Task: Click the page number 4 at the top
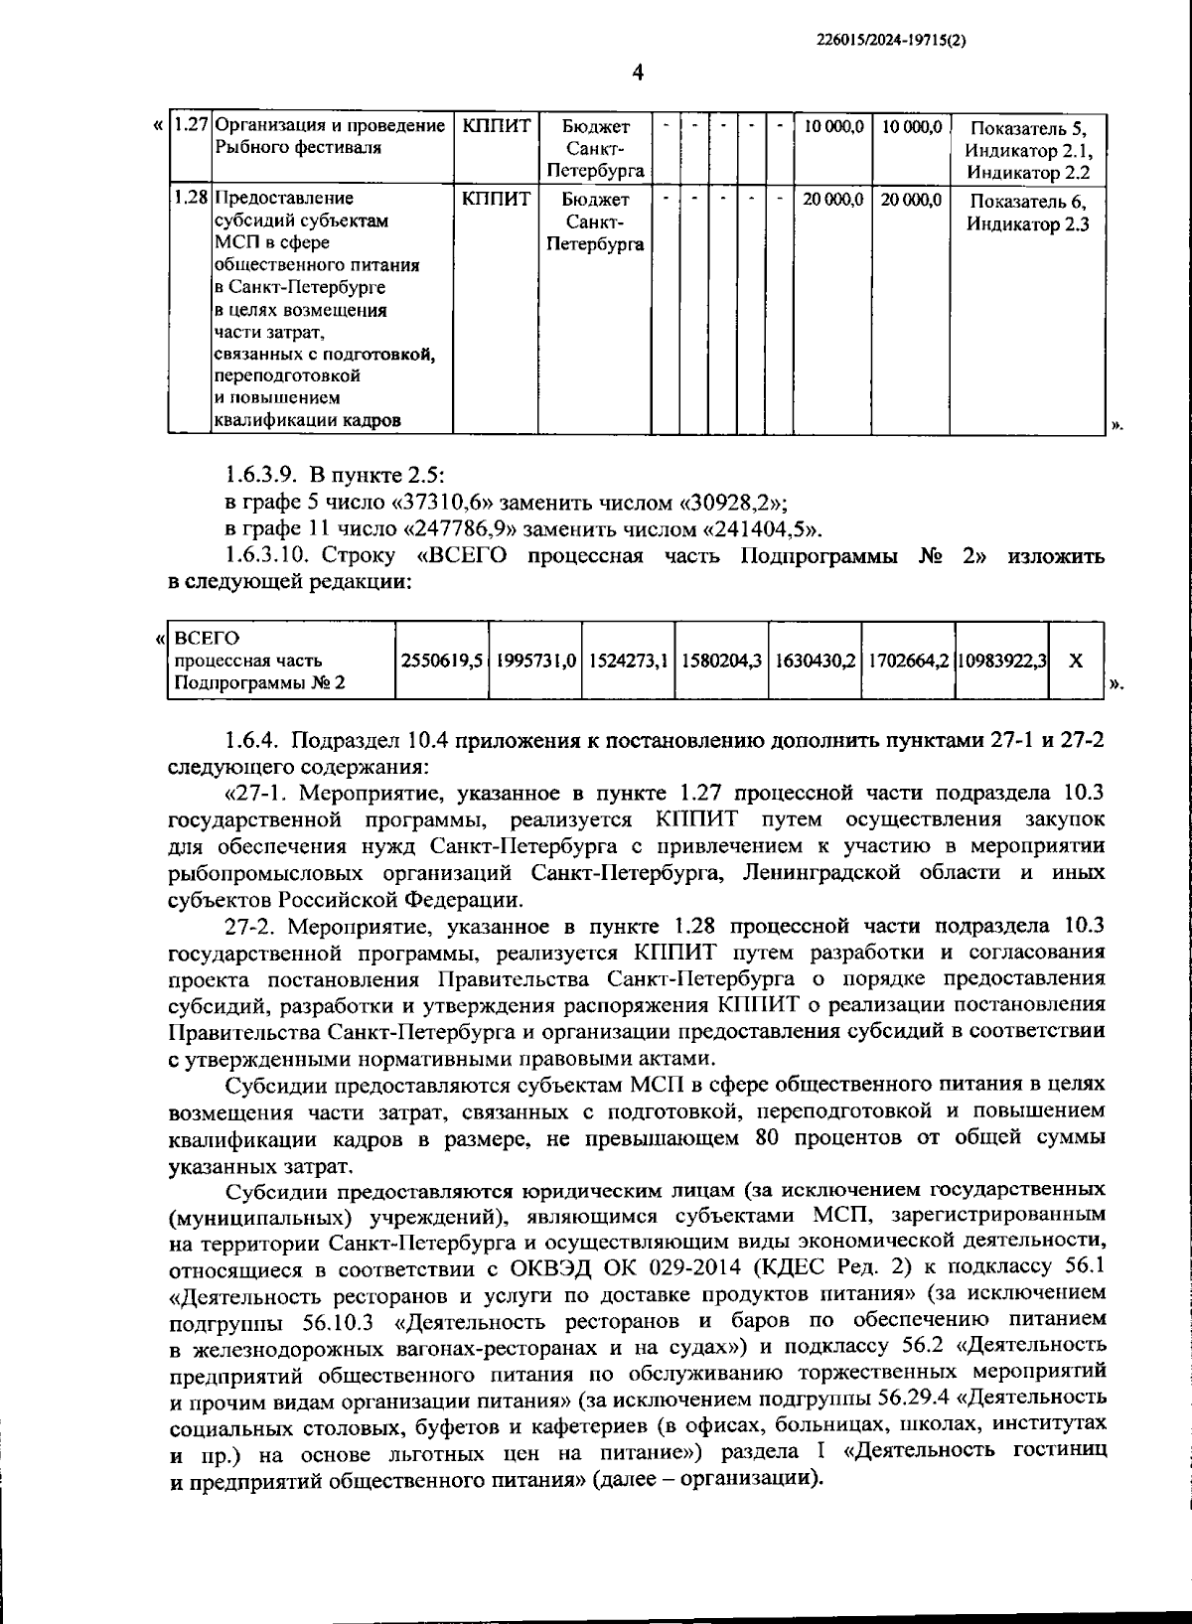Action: pos(638,73)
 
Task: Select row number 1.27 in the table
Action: pos(190,127)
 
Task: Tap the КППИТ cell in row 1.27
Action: pos(496,127)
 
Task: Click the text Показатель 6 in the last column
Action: pos(1027,202)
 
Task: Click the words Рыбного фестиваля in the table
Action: pos(283,148)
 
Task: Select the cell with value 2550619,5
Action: pos(442,661)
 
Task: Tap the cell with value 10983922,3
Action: pos(1001,661)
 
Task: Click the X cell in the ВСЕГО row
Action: pos(1075,661)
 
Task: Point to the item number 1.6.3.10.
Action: pos(268,554)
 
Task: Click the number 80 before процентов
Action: pos(768,1138)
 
